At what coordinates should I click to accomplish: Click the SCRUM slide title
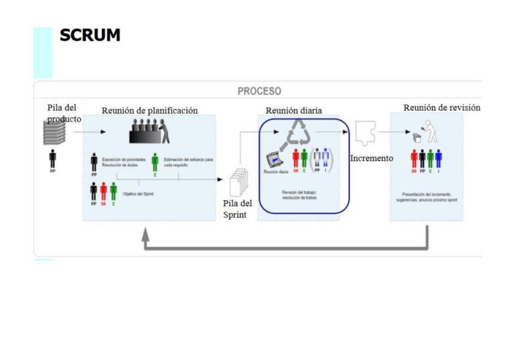(x=90, y=35)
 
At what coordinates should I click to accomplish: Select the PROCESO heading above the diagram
(x=259, y=91)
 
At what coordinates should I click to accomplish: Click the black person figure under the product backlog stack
(x=53, y=159)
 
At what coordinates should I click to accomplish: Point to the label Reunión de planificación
(x=150, y=111)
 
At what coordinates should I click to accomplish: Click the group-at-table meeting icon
(x=150, y=132)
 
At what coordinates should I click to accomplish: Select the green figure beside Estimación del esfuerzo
(x=155, y=161)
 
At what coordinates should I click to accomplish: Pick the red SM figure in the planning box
(x=103, y=191)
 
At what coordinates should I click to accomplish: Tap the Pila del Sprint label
(x=237, y=209)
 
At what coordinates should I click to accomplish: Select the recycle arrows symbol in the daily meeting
(x=299, y=132)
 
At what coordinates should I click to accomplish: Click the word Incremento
(x=371, y=159)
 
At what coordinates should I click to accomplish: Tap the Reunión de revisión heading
(x=441, y=108)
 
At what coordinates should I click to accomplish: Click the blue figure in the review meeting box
(x=438, y=159)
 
